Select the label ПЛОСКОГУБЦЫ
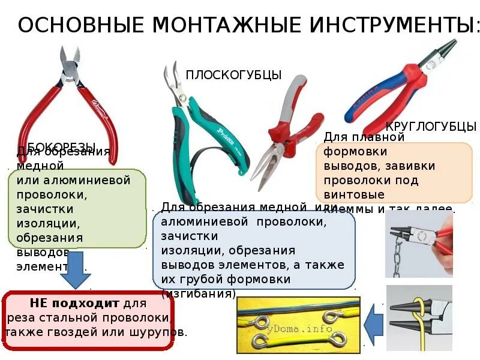click(x=233, y=75)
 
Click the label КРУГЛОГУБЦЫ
click(x=431, y=127)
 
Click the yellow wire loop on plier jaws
click(x=419, y=313)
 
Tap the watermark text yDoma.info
click(x=309, y=329)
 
